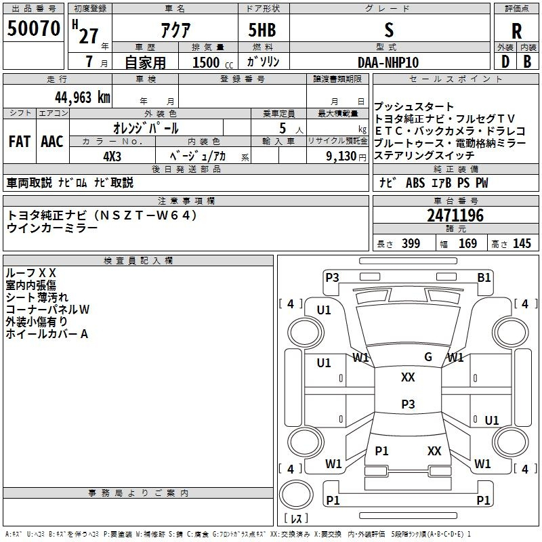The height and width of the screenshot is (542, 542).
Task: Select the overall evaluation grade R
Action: point(516,31)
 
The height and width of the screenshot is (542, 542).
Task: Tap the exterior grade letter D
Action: point(505,61)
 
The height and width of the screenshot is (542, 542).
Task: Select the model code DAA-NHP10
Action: point(388,62)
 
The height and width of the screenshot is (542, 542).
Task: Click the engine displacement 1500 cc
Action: point(207,62)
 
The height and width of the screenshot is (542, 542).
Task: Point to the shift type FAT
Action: point(19,142)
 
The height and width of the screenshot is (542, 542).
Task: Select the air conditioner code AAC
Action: point(52,142)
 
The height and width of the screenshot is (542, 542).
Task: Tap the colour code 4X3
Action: point(112,156)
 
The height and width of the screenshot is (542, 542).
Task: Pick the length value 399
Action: point(411,244)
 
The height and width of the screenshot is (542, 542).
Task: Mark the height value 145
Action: point(522,244)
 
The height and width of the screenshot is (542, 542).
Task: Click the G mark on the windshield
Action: point(428,357)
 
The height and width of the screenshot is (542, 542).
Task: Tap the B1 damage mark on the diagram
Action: point(484,277)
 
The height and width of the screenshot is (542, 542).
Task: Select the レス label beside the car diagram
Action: point(295,519)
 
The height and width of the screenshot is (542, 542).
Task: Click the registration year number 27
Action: point(88,37)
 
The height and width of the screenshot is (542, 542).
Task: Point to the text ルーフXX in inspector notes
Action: point(31,273)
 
